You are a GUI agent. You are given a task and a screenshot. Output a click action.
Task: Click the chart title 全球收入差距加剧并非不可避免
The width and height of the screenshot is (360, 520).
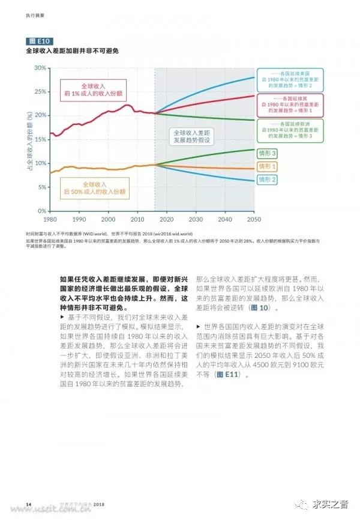[x=72, y=52]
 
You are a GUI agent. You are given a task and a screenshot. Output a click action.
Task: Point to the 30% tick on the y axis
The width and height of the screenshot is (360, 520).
[x=40, y=68]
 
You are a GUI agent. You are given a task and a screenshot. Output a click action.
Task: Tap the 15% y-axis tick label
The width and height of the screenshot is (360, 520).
[x=40, y=139]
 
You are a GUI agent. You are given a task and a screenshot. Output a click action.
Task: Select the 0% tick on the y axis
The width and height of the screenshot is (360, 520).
[x=41, y=211]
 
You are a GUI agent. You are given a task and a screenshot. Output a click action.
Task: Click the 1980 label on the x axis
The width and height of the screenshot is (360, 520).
[x=50, y=220]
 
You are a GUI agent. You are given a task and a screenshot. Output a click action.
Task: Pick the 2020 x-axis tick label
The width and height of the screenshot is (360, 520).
[x=167, y=220]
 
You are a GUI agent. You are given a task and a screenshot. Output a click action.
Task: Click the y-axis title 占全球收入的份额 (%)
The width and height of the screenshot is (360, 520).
[x=29, y=139]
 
